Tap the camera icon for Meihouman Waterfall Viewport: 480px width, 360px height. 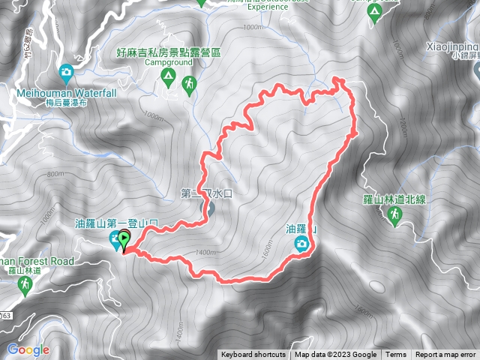(x=66, y=73)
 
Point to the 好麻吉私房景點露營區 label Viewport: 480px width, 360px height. (x=169, y=53)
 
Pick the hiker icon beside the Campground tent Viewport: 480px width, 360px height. (x=189, y=85)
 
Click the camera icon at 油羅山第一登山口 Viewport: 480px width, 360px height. (x=115, y=240)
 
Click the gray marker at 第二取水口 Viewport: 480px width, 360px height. (x=209, y=208)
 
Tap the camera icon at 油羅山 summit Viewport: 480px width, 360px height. (x=300, y=244)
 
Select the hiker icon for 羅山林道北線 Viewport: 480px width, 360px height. (x=394, y=216)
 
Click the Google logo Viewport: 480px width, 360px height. (x=28, y=349)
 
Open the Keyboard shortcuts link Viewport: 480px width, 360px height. (x=253, y=355)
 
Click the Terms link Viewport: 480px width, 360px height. (x=396, y=355)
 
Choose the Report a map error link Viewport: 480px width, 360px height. (x=446, y=355)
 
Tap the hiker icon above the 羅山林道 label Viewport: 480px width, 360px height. (x=26, y=284)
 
